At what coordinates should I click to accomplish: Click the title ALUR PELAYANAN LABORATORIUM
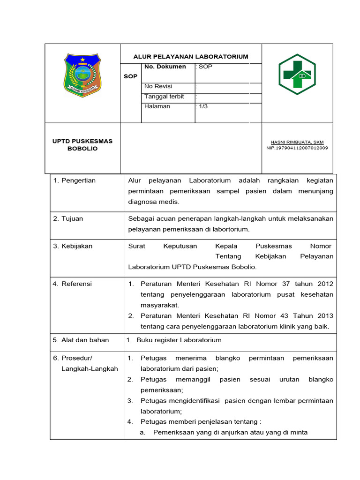click(191, 57)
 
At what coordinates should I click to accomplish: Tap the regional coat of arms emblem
click(82, 75)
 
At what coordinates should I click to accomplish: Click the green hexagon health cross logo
click(297, 75)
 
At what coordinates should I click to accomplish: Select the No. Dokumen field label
click(165, 67)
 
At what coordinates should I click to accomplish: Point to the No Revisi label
click(158, 86)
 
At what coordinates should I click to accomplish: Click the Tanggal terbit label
click(164, 97)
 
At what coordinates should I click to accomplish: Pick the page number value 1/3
click(204, 106)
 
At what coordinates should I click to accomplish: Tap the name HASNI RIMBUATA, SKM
click(297, 142)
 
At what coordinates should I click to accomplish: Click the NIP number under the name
click(297, 148)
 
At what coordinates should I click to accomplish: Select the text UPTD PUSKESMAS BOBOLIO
click(82, 145)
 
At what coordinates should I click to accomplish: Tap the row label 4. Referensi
click(72, 284)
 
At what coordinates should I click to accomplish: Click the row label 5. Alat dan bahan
click(81, 340)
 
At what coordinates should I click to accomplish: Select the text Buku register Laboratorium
click(179, 340)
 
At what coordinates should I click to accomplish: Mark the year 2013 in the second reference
click(324, 315)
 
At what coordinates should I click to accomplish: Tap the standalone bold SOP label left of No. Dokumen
click(130, 76)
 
